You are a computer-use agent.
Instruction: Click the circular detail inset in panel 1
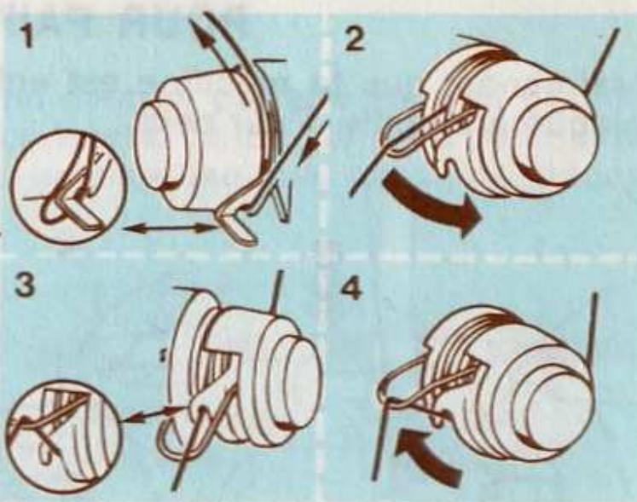[68, 187]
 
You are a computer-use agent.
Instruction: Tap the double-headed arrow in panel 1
[170, 228]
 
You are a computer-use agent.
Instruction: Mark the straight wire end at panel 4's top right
[591, 325]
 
